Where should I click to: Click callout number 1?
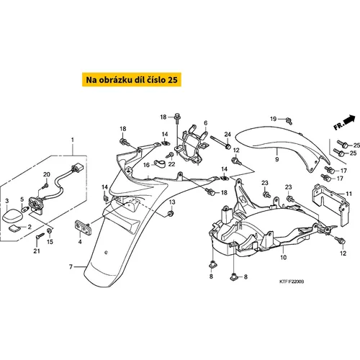click(71, 138)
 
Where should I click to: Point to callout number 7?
click(71, 267)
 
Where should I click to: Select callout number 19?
click(273, 118)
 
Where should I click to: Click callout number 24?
click(226, 134)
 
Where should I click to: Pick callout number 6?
click(204, 123)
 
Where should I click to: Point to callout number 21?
click(37, 251)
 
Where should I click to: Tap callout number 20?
click(46, 175)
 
